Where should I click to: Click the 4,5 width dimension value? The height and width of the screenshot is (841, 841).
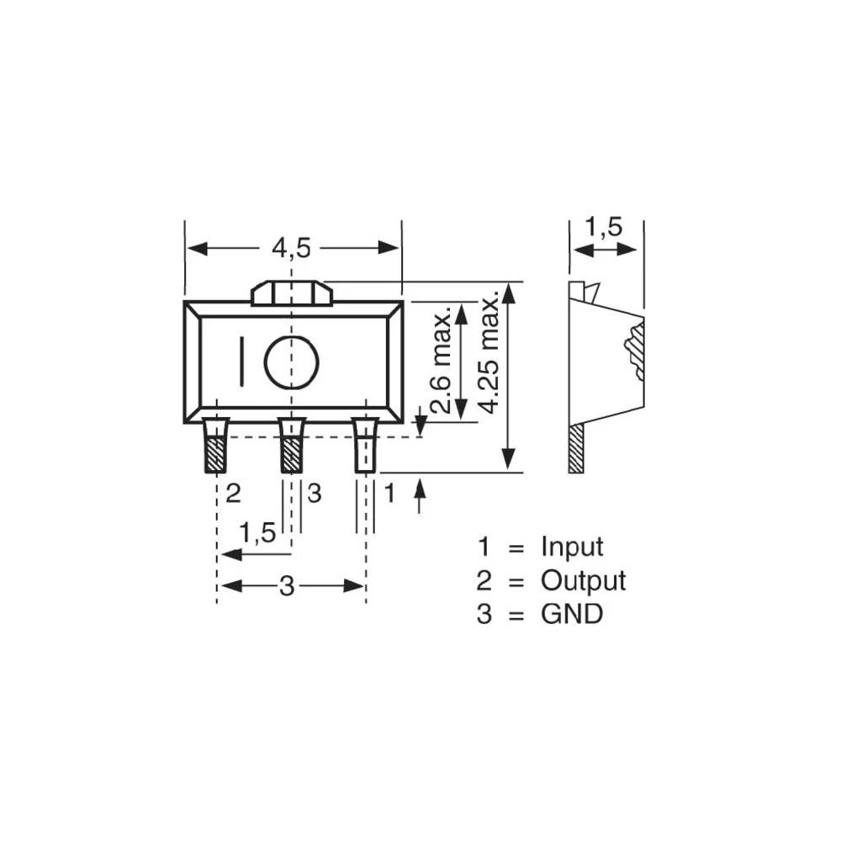point(291,248)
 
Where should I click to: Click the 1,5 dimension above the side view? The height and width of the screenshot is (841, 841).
point(603,227)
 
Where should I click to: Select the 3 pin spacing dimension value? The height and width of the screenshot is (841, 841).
point(287,586)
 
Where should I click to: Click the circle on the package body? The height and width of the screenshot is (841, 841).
point(291,362)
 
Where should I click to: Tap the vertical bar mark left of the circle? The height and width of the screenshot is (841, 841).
point(241,362)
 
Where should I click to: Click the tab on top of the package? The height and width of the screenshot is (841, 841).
point(292,294)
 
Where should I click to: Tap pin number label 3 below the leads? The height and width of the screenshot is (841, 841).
point(314,494)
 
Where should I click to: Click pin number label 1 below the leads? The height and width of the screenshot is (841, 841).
point(389,494)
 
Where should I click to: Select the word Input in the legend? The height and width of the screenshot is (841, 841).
point(572,547)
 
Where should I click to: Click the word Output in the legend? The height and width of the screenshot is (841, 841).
point(583,580)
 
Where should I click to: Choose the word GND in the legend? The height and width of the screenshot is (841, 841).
point(572,614)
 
